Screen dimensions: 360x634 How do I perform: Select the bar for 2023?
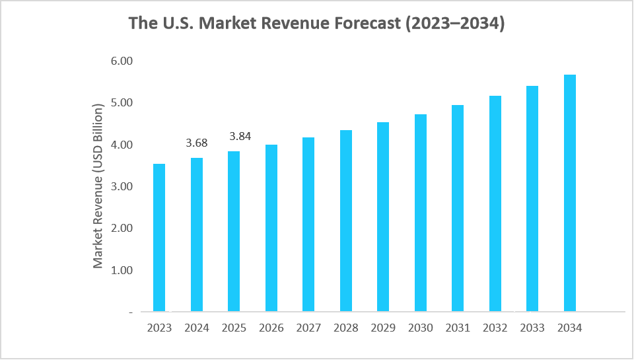(159, 238)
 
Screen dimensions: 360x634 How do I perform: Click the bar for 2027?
(308, 225)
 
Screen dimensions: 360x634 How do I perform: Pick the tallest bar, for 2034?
(570, 193)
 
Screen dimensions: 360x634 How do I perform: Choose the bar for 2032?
(495, 203)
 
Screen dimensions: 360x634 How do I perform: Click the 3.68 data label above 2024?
(197, 143)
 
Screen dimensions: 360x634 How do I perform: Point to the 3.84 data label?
(241, 136)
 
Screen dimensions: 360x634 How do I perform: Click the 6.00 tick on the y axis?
(122, 61)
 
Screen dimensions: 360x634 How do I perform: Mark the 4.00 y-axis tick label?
(122, 145)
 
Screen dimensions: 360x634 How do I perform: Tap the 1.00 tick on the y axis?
(122, 270)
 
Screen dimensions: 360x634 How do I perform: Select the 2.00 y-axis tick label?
(122, 228)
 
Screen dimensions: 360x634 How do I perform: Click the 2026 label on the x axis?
(271, 328)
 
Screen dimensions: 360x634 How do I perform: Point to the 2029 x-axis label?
(383, 328)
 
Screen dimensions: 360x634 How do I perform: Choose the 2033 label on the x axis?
(532, 328)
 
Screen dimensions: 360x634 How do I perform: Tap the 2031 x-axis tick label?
(458, 328)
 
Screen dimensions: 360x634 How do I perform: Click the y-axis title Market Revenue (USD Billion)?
(98, 186)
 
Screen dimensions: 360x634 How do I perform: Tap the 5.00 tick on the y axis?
(122, 102)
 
